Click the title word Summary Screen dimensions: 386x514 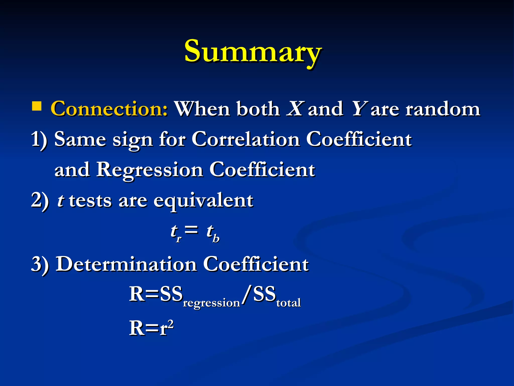(x=253, y=52)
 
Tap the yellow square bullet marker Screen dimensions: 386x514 (x=37, y=106)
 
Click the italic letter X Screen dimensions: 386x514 (x=295, y=109)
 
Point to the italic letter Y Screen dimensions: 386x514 (x=359, y=109)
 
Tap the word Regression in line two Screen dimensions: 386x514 (x=150, y=170)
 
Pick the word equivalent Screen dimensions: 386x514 (x=203, y=201)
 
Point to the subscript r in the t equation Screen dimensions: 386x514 (x=178, y=239)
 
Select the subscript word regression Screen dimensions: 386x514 (x=211, y=303)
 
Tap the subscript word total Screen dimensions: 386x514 (x=289, y=303)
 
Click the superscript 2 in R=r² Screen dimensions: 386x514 (x=171, y=324)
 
